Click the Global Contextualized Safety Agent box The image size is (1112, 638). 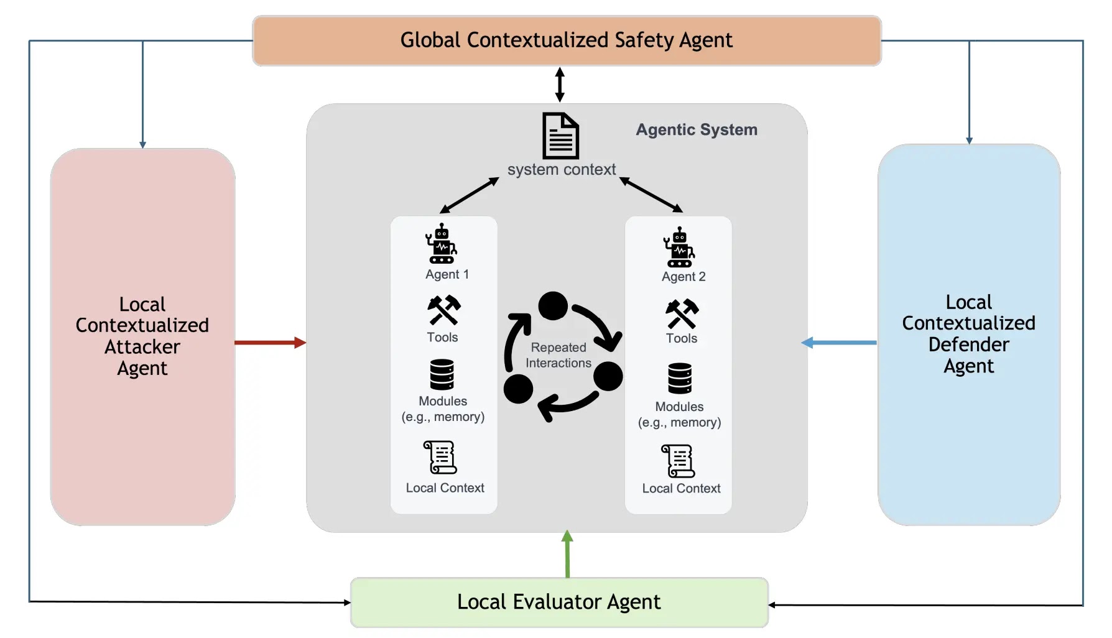[x=566, y=40]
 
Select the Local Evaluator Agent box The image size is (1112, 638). [x=558, y=602]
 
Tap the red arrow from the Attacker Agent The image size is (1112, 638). [x=269, y=342]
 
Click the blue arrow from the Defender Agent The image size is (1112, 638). [x=839, y=342]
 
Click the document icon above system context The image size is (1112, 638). [x=560, y=136]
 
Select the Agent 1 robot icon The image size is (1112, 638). [x=441, y=244]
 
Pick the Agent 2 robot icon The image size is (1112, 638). [x=679, y=247]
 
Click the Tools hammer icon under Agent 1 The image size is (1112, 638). [x=443, y=310]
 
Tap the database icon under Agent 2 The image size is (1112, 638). [x=679, y=378]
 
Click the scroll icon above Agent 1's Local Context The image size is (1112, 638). [x=440, y=458]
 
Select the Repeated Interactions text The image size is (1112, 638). [x=558, y=355]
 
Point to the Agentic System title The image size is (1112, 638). [x=696, y=129]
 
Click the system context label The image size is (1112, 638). [x=561, y=169]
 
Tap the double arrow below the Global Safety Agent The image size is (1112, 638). [x=560, y=85]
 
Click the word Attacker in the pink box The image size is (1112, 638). [x=142, y=346]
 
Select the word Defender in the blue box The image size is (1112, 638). [x=968, y=344]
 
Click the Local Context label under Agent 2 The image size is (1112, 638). [x=681, y=488]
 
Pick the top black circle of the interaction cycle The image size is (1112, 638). [x=553, y=305]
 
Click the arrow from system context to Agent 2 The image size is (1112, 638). [x=651, y=195]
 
